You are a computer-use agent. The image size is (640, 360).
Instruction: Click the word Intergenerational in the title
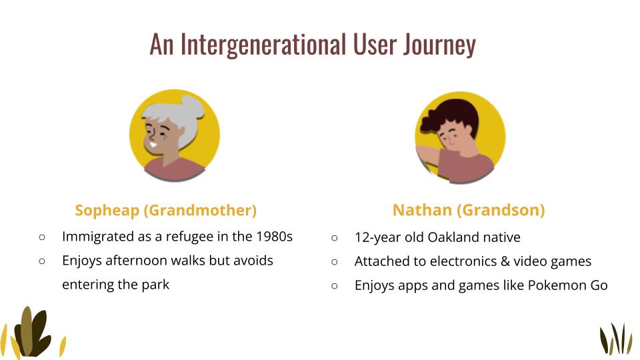click(263, 45)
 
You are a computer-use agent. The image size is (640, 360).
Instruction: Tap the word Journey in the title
click(439, 45)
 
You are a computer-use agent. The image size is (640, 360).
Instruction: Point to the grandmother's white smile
click(152, 145)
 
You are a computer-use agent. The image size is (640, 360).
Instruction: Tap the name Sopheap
click(107, 211)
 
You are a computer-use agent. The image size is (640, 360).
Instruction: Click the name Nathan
click(422, 210)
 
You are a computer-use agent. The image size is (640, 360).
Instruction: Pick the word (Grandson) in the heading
click(501, 210)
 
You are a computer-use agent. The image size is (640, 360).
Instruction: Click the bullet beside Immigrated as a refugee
click(41, 237)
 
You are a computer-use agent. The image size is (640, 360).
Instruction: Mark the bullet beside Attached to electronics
click(334, 261)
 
